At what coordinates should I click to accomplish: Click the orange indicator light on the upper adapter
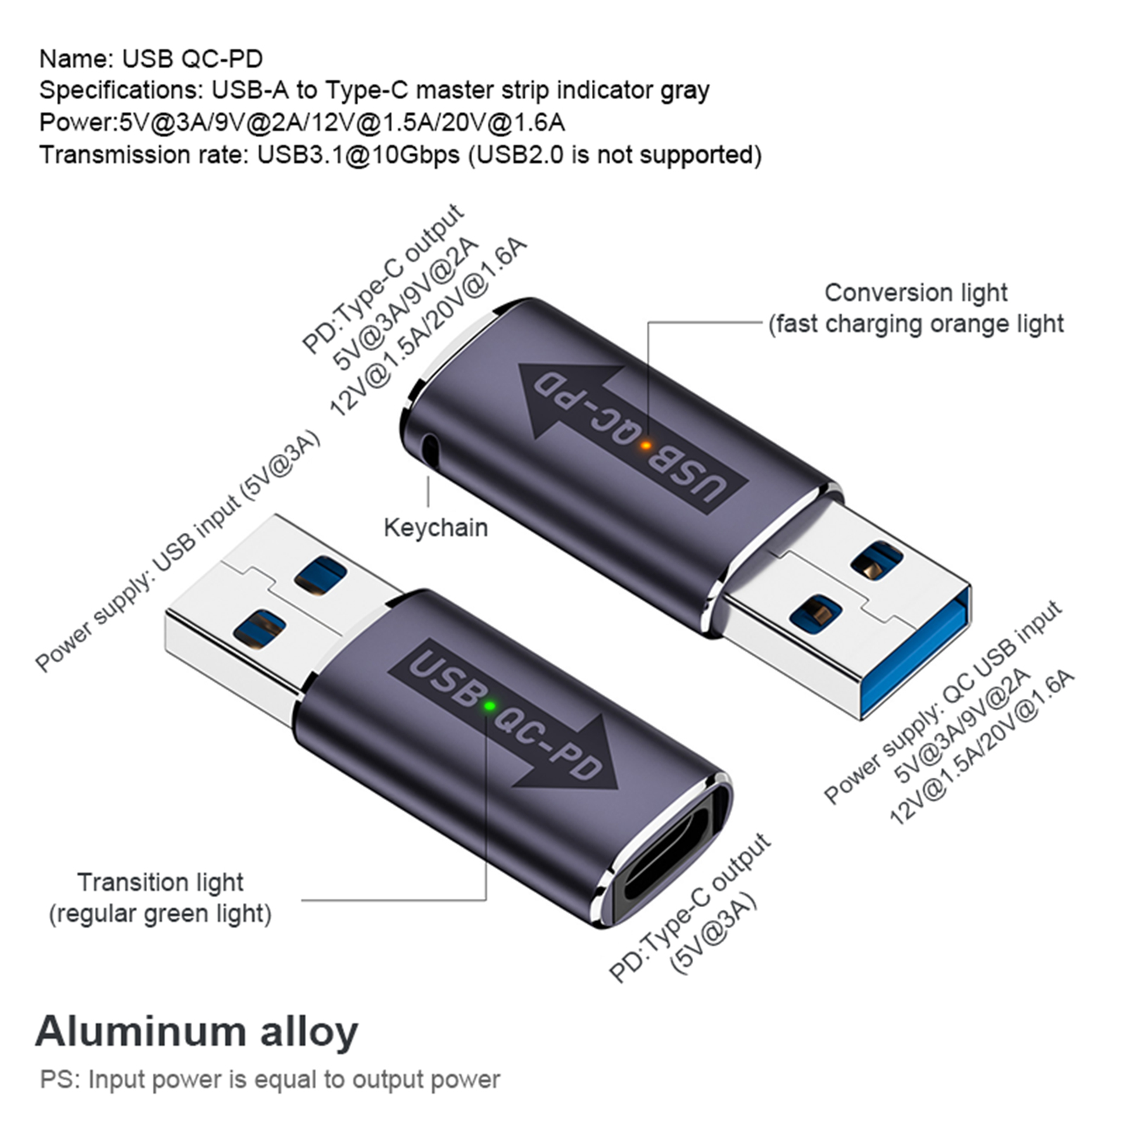[x=645, y=445]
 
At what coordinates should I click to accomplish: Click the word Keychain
[x=436, y=527]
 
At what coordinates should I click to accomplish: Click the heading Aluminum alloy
[x=196, y=1031]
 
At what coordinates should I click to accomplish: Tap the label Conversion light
[x=916, y=292]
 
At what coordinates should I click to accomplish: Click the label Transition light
[x=160, y=882]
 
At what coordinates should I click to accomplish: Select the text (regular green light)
[x=160, y=913]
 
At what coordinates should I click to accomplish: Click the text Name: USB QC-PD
[x=151, y=58]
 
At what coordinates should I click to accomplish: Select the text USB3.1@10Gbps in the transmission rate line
[x=358, y=154]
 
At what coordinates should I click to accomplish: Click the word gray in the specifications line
[x=685, y=91]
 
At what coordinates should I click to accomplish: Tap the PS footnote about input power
[x=270, y=1079]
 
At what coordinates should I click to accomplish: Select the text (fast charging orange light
[x=916, y=324]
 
